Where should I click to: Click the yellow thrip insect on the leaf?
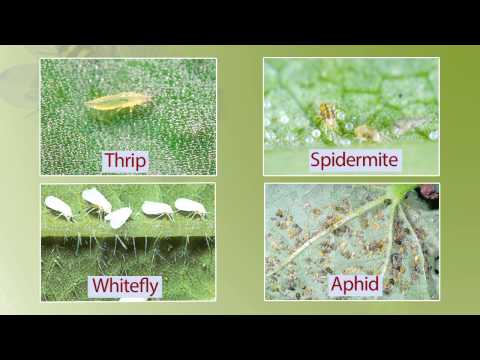[118, 100]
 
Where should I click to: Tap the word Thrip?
[125, 160]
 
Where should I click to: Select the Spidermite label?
[354, 160]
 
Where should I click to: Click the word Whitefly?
[125, 286]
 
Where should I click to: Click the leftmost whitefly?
[58, 207]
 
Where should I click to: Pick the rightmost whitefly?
[190, 207]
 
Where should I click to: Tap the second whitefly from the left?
[96, 199]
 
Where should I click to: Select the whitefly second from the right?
[157, 209]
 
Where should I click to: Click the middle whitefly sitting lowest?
[118, 217]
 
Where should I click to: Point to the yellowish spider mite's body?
[327, 115]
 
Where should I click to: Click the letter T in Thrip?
[107, 160]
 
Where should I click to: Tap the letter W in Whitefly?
[99, 286]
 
